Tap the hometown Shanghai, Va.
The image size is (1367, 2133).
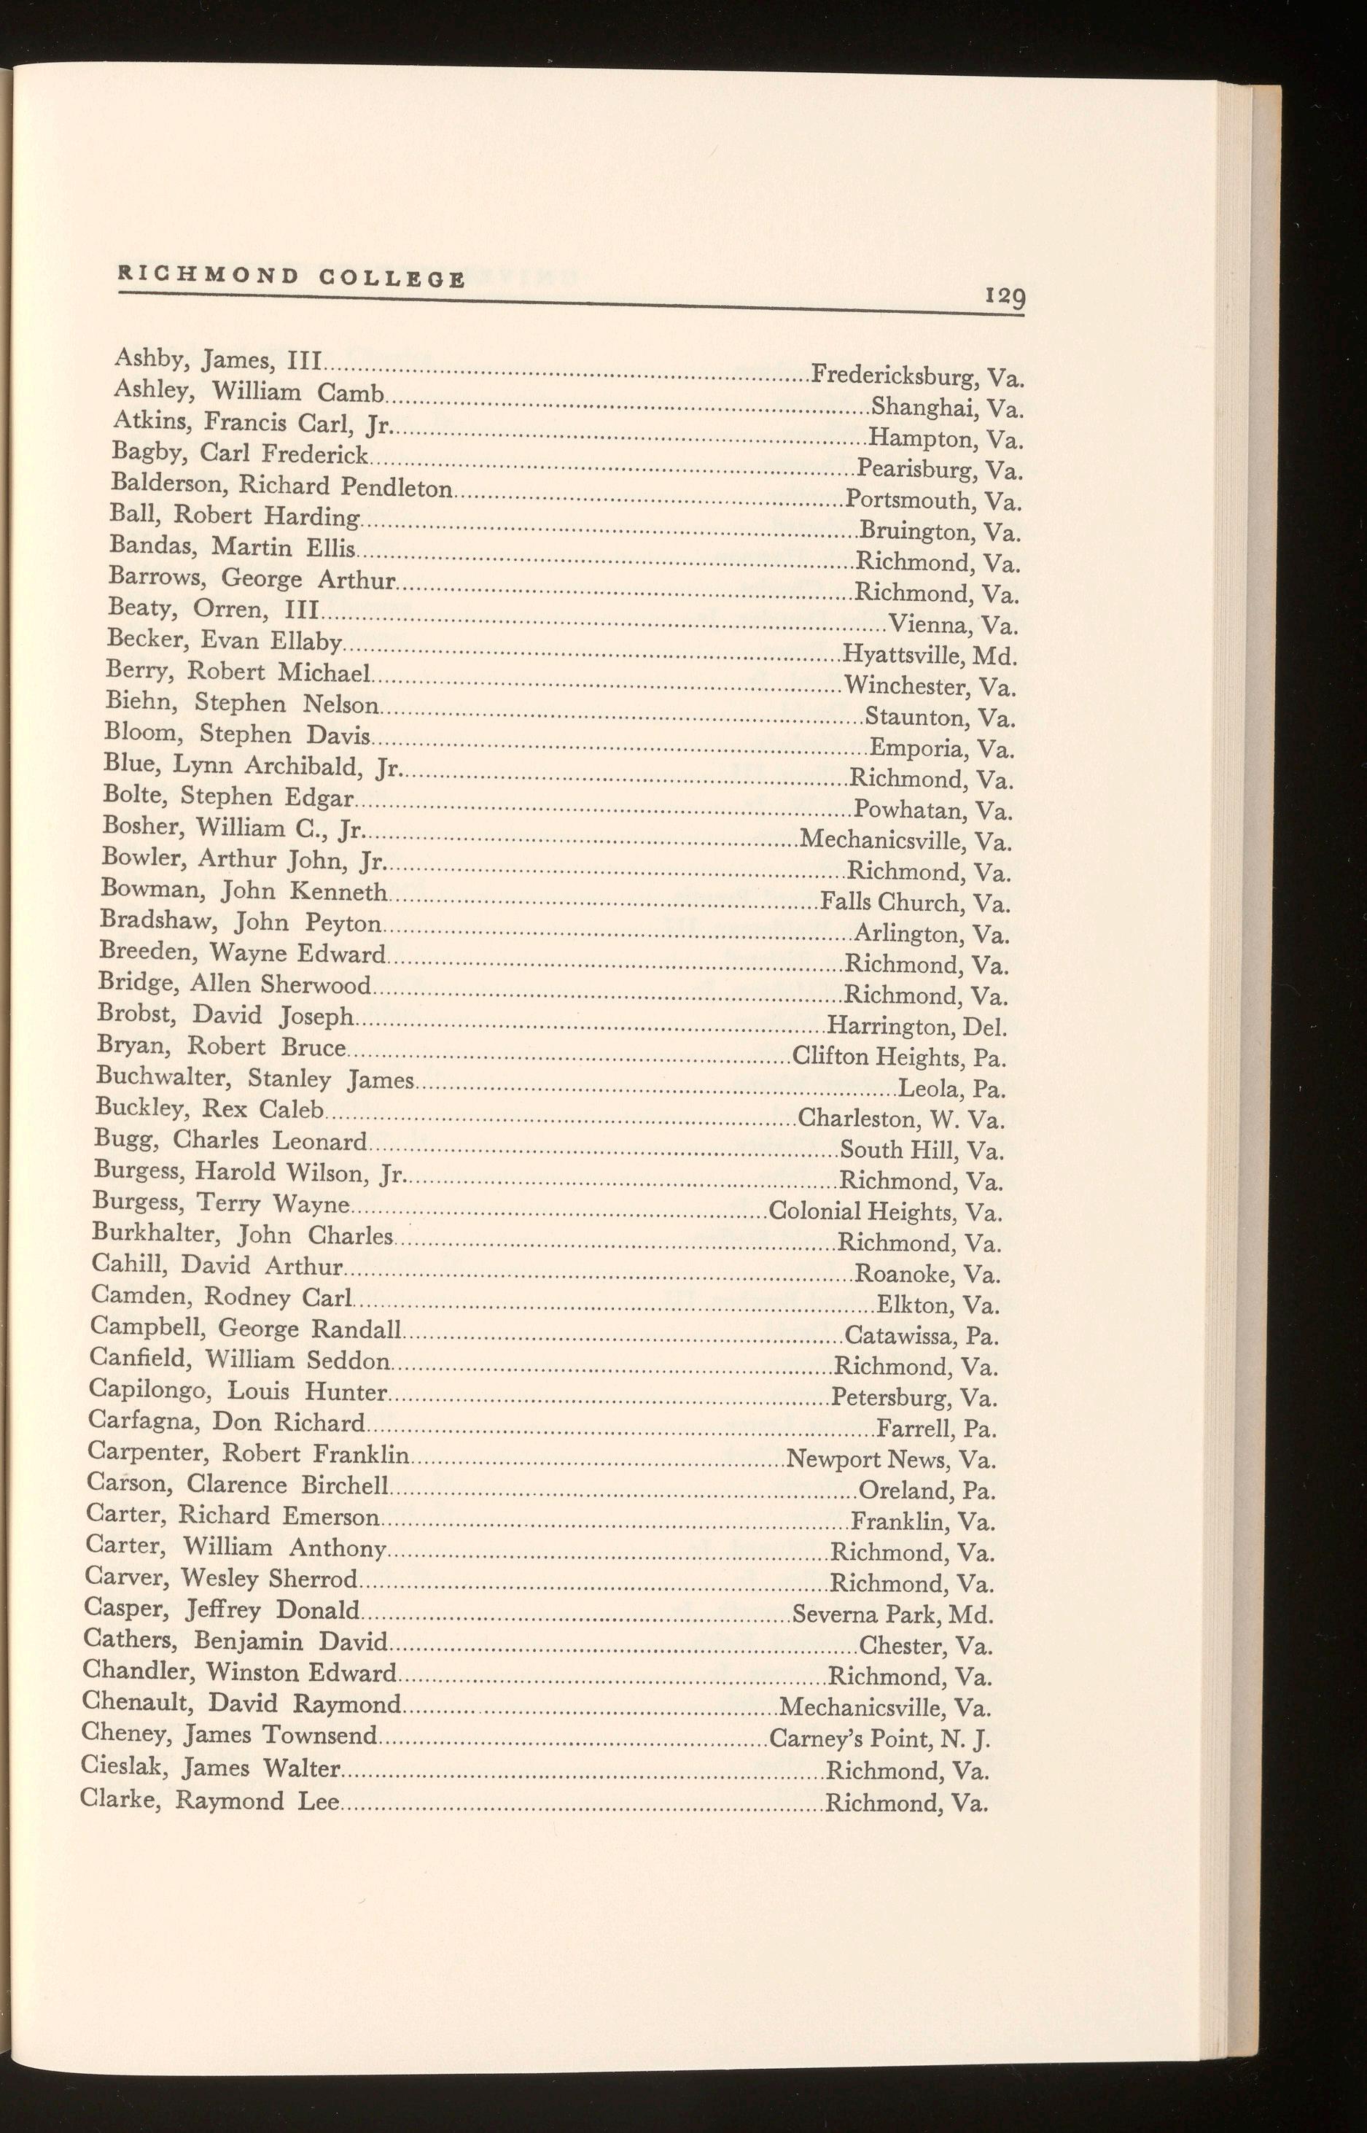948,408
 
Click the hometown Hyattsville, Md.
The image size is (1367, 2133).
929,657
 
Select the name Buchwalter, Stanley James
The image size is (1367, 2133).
254,1079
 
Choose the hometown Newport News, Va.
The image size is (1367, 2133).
891,1459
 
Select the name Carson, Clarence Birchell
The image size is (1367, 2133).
239,1484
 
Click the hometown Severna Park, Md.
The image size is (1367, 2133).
892,1614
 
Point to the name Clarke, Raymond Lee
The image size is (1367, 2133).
209,1800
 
